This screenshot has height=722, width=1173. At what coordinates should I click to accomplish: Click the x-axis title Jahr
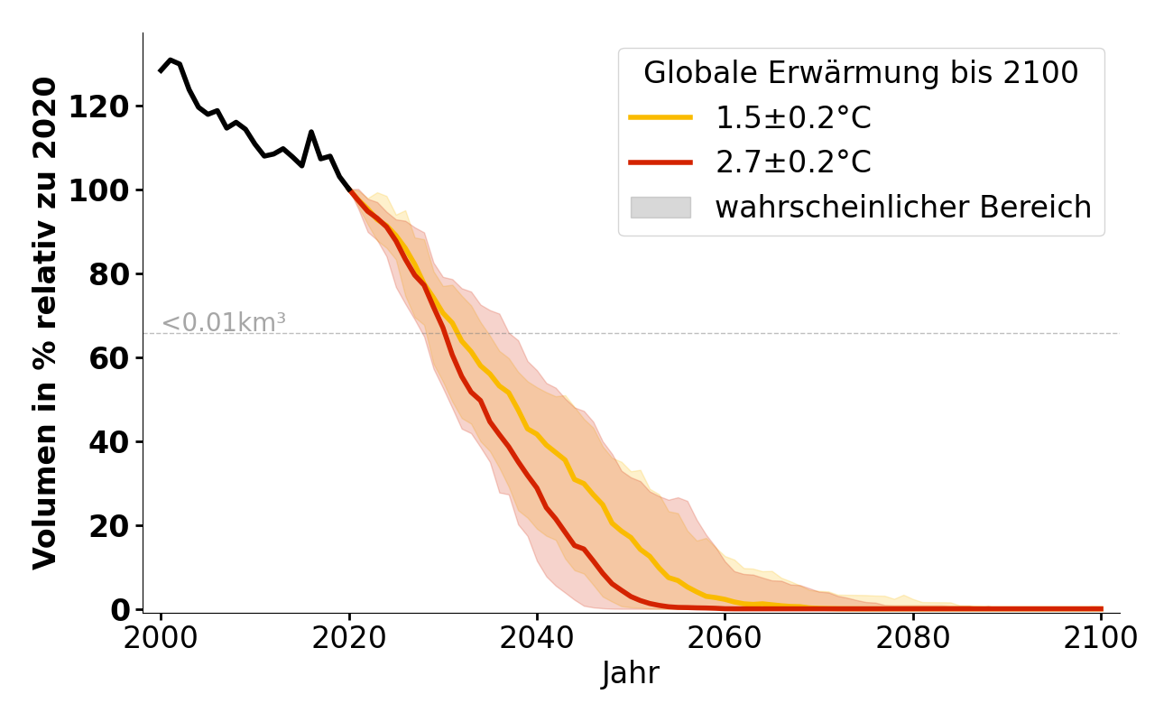(631, 673)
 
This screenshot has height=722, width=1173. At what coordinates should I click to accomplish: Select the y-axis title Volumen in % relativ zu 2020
(45, 323)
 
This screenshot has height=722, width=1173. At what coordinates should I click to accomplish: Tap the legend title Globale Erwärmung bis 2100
(861, 73)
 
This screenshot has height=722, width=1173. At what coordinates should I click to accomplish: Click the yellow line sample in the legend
(660, 117)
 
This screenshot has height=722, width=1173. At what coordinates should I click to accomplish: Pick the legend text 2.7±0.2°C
(793, 162)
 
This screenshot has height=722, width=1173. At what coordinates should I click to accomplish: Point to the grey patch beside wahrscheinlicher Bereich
(660, 208)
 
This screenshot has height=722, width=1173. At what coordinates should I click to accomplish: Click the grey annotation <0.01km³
(224, 322)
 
